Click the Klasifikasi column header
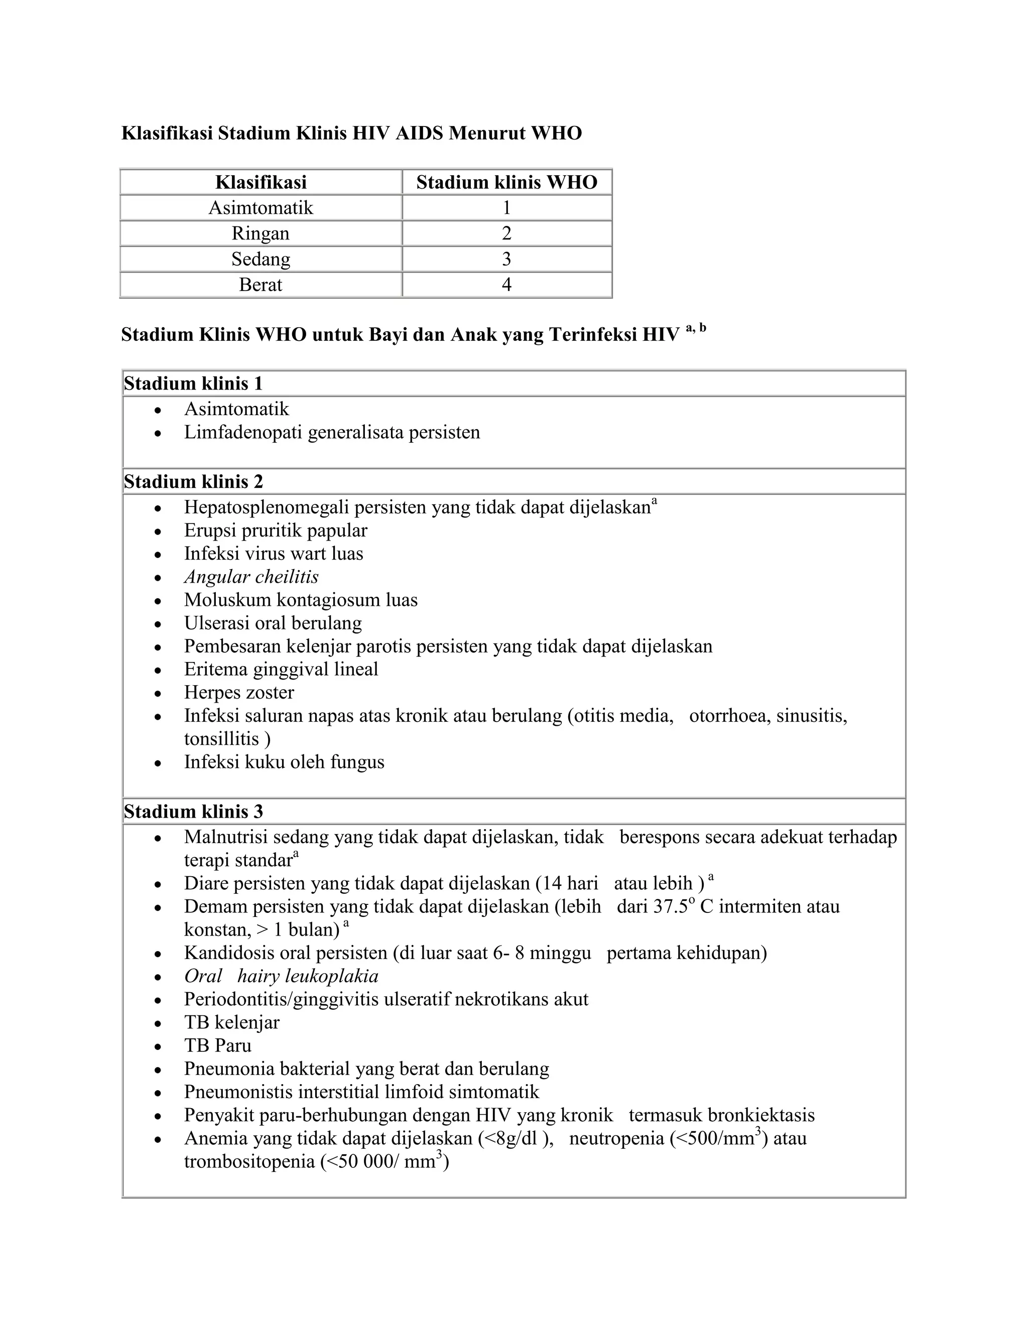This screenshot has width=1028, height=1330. pos(261,182)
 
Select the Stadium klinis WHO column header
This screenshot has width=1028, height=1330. pos(506,182)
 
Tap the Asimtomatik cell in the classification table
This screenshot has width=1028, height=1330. pos(261,208)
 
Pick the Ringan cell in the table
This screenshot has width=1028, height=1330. pos(261,233)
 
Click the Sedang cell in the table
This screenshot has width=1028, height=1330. pos(261,259)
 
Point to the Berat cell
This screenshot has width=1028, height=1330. pos(261,285)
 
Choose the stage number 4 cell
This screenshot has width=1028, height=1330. pos(506,285)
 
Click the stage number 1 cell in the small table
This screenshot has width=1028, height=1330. pos(506,208)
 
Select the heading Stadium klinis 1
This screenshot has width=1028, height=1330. pos(193,383)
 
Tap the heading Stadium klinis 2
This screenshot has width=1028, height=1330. pos(193,482)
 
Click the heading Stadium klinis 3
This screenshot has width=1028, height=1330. pos(193,811)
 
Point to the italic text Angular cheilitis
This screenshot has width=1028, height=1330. pos(251,577)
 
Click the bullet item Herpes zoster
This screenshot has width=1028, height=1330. pos(239,693)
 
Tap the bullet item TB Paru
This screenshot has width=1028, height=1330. pos(217,1045)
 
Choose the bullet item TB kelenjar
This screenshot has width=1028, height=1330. pos(231,1022)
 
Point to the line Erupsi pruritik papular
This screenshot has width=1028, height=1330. pos(275,530)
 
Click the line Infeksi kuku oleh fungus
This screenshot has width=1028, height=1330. pos(284,762)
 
